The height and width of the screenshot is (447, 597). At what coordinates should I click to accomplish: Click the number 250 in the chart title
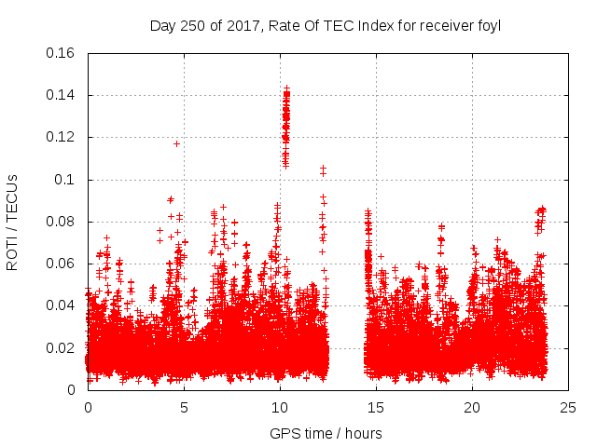click(190, 26)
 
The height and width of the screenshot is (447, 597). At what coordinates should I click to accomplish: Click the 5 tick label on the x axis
click(184, 407)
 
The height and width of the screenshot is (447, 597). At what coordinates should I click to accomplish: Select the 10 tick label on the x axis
click(280, 407)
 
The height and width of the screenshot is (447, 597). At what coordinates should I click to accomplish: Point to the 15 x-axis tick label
click(376, 407)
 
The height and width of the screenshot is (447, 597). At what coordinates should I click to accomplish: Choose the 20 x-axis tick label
click(472, 407)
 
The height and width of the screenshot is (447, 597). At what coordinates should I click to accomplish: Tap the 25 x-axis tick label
click(568, 407)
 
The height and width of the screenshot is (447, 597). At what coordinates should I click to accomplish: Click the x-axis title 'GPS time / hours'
click(326, 433)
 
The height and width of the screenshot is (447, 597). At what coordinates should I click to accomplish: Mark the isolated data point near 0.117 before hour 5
click(176, 143)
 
